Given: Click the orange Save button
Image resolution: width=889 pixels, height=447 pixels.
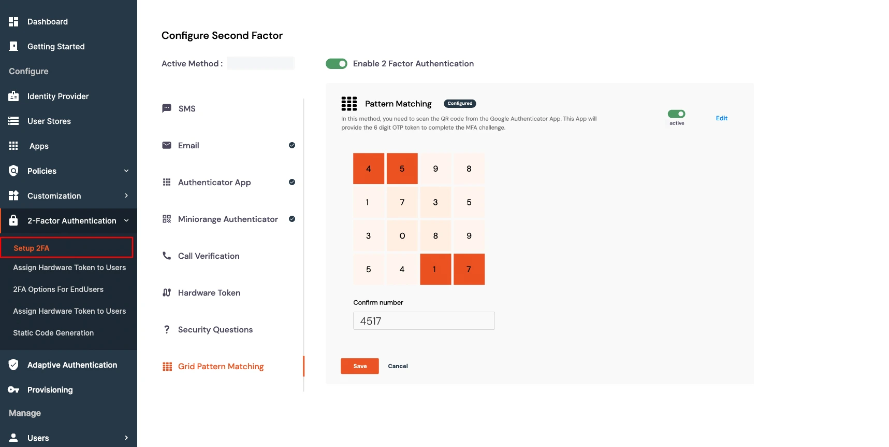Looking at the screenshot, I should (359, 366).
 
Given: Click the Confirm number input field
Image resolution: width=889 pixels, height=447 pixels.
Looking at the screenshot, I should (424, 321).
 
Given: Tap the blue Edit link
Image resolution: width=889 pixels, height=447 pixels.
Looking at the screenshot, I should (721, 118).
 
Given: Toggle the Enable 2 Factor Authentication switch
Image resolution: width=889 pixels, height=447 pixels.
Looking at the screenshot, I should (337, 64).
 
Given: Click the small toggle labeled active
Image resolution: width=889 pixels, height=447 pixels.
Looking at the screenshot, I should (676, 114).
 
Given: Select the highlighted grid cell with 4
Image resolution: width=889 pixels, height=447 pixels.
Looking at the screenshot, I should (369, 169).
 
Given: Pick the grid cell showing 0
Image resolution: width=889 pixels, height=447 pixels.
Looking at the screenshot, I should (402, 236).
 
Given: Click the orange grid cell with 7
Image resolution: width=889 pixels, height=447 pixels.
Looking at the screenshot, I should (469, 269).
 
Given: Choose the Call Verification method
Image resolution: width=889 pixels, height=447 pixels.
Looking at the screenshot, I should (209, 256).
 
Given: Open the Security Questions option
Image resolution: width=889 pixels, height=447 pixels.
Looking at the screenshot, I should (215, 330).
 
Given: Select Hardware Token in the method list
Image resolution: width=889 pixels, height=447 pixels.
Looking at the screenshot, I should (209, 293).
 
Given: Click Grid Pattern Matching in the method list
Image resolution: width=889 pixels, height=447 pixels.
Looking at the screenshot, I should (221, 367).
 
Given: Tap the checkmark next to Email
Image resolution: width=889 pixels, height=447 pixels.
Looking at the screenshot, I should (292, 145).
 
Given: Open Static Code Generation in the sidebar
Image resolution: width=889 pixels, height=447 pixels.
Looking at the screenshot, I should (53, 333).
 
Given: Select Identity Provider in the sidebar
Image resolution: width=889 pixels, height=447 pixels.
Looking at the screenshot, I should (58, 96).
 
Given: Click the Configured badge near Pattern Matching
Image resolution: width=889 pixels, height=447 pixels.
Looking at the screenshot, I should (460, 104).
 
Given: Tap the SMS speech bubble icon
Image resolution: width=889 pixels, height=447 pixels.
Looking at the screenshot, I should (167, 108).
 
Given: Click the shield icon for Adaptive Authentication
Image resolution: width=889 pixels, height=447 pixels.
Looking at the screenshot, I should (13, 365).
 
